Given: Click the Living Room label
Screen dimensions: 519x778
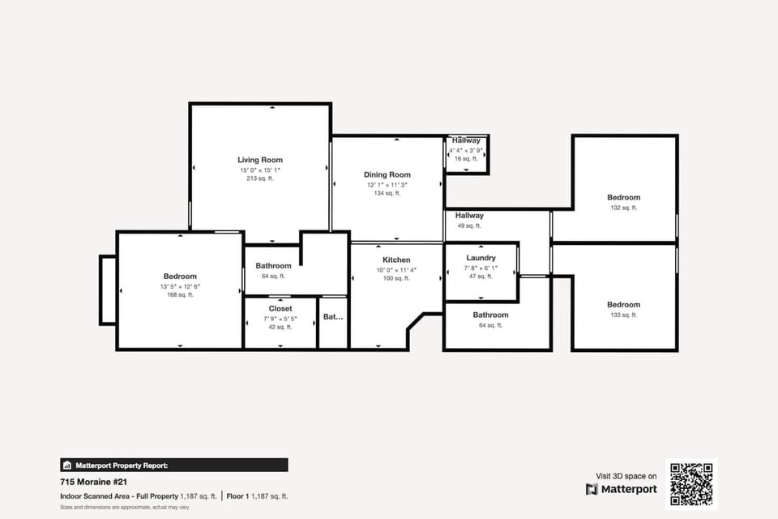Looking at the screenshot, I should pyautogui.click(x=260, y=160).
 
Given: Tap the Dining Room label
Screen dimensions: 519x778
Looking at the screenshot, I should pyautogui.click(x=387, y=174).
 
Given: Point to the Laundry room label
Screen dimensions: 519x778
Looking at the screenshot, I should pyautogui.click(x=481, y=258).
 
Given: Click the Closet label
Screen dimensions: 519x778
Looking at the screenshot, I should pyautogui.click(x=280, y=309).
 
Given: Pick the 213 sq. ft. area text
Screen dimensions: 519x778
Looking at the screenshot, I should pyautogui.click(x=260, y=178).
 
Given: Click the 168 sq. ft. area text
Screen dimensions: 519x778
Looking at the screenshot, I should pyautogui.click(x=180, y=295).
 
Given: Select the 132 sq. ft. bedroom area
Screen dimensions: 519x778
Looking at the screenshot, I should pyautogui.click(x=623, y=208).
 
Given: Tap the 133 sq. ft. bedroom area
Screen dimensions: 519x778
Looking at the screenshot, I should pyautogui.click(x=623, y=315).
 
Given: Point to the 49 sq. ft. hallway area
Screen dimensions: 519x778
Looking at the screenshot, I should pyautogui.click(x=469, y=226).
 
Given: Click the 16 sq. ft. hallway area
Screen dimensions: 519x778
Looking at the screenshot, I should pyautogui.click(x=467, y=159).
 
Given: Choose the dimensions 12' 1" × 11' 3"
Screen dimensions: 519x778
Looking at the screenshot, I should pyautogui.click(x=387, y=184).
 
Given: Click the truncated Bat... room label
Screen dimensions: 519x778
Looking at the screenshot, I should pyautogui.click(x=333, y=317).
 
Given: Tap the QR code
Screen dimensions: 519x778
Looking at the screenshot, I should pyautogui.click(x=691, y=483).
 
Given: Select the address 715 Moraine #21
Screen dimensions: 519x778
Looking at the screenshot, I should pyautogui.click(x=89, y=481).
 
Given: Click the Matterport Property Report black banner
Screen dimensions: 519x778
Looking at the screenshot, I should pyautogui.click(x=174, y=465).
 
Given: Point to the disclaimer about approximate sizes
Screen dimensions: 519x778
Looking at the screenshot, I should pyautogui.click(x=124, y=508).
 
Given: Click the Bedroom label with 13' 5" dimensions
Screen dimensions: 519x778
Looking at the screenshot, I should pyautogui.click(x=180, y=277).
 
